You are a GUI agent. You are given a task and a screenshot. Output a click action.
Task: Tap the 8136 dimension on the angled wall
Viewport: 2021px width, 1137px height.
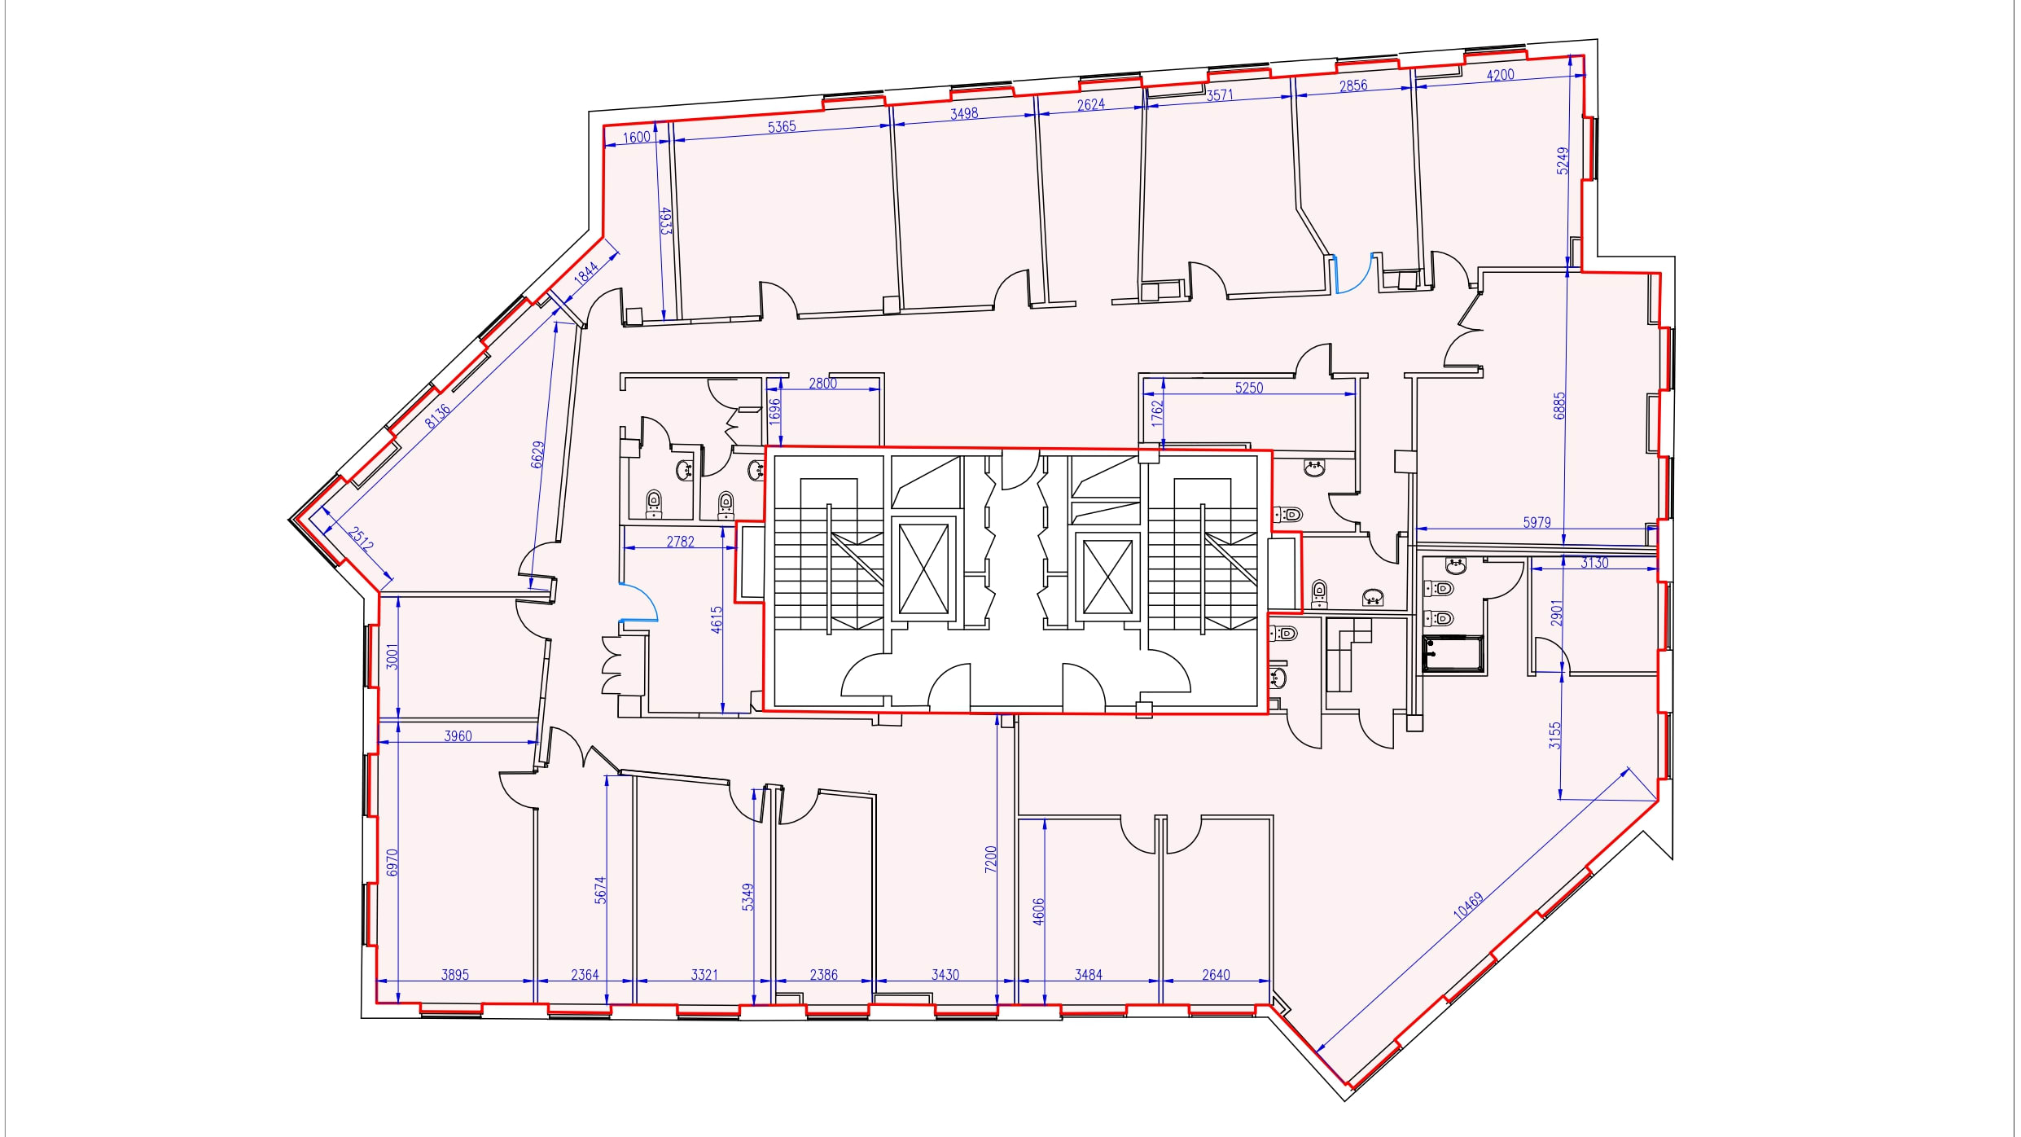coord(437,415)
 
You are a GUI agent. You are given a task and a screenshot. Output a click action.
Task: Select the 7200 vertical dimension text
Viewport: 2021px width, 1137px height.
coord(990,858)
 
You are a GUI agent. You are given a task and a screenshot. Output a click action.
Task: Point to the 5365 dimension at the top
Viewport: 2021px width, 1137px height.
coord(782,127)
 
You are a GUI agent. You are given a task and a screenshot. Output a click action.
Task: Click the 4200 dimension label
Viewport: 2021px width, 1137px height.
coord(1501,75)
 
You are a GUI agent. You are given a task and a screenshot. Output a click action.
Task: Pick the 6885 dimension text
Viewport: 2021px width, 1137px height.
coord(1559,406)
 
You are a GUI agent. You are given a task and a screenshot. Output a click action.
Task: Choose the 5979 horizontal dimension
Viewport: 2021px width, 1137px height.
coord(1537,522)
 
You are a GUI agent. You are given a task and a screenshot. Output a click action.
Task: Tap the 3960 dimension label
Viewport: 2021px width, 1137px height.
coord(458,735)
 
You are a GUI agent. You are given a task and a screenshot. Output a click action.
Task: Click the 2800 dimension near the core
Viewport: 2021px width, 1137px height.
coord(822,383)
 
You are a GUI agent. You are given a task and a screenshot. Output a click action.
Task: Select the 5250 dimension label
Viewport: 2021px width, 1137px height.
coord(1249,388)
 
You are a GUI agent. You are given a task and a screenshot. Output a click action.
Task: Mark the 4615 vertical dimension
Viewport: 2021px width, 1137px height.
coord(717,620)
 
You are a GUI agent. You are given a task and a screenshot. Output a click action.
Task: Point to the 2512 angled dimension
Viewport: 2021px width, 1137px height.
coord(362,538)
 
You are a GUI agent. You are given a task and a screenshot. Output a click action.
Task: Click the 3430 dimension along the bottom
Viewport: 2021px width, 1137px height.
coord(945,974)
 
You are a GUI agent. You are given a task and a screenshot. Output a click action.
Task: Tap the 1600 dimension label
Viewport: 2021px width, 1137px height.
coord(637,137)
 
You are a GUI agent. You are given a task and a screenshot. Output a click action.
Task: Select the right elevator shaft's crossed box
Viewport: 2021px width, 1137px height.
coord(1107,577)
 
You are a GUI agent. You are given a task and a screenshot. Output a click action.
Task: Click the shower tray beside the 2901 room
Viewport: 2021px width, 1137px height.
coord(1453,655)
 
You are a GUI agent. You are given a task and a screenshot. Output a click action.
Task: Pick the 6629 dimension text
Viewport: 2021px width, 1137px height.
coord(537,454)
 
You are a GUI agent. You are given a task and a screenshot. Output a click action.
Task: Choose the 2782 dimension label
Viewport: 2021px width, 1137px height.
coord(680,541)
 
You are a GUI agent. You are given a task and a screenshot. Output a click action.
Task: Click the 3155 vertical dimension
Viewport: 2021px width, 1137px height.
coord(1555,735)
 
